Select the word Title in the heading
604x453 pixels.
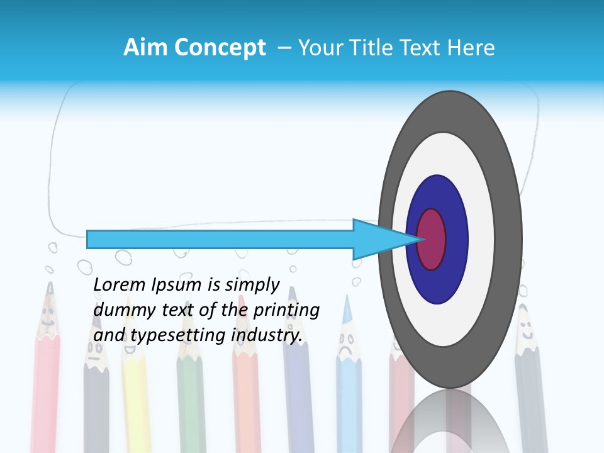click(379, 48)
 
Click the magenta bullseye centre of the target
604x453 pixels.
click(432, 239)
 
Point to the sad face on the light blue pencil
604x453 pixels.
click(345, 345)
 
